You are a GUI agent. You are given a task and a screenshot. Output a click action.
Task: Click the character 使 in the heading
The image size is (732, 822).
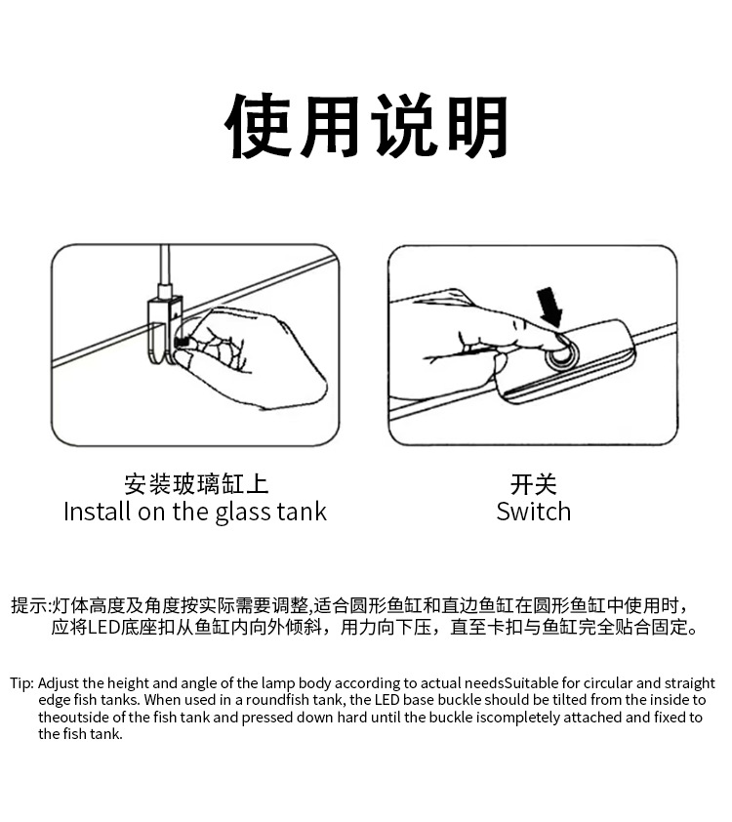point(260,128)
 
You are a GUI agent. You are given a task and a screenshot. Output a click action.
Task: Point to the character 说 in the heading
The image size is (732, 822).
point(402,128)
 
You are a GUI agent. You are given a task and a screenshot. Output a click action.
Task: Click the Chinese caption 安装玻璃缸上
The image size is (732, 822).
point(196,484)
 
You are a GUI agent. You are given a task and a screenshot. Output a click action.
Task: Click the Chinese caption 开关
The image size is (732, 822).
point(534,484)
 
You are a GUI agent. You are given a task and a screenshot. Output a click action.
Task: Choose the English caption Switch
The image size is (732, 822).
point(534,512)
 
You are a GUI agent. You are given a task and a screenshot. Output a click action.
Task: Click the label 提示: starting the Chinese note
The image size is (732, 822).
point(30,605)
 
